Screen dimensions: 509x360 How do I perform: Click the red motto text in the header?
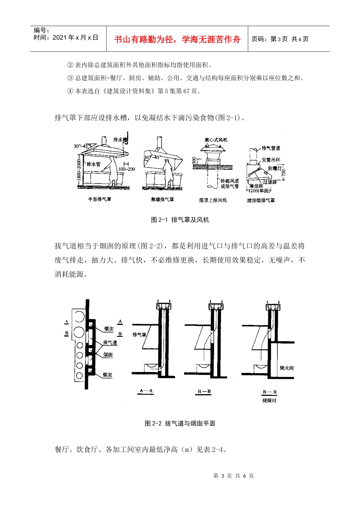(177, 39)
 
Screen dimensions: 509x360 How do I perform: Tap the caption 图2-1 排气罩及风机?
(180, 220)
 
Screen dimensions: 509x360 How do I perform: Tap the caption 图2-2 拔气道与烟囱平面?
(180, 423)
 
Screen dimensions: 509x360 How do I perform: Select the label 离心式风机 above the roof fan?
(216, 140)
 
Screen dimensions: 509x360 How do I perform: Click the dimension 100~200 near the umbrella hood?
(127, 169)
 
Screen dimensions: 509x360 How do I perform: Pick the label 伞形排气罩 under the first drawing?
(100, 199)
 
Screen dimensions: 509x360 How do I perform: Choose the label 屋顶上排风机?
(213, 200)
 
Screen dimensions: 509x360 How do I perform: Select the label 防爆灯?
(275, 168)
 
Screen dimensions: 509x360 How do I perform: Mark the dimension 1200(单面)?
(259, 191)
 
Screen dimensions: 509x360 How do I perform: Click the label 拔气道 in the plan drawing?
(110, 342)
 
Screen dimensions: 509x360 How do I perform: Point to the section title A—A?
(146, 391)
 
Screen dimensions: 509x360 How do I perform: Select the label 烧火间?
(286, 368)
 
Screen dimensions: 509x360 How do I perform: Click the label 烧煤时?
(269, 400)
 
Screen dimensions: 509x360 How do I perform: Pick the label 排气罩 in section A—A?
(139, 335)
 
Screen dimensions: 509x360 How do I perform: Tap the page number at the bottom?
(233, 476)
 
